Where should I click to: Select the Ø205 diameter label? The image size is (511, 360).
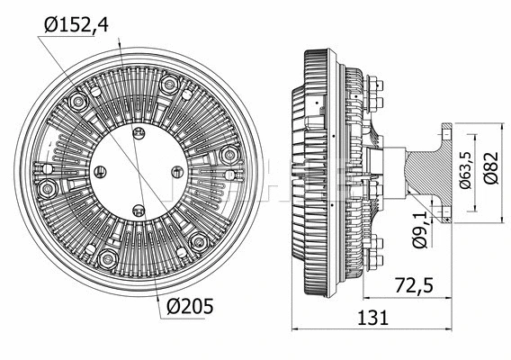(190, 306)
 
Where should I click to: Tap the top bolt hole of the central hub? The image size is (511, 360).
(139, 135)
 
